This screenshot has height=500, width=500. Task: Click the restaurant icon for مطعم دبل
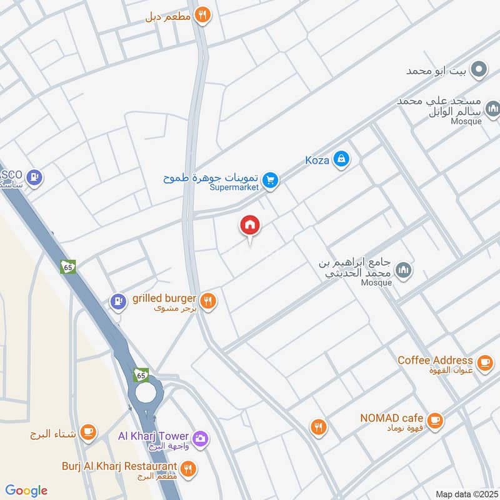(202, 15)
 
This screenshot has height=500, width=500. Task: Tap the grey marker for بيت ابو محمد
(479, 69)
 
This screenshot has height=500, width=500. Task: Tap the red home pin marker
(250, 226)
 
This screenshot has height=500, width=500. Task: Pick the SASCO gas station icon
(35, 177)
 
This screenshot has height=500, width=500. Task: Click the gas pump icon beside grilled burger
(117, 301)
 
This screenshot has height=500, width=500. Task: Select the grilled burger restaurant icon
(209, 301)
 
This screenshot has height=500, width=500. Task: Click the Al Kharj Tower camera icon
(201, 439)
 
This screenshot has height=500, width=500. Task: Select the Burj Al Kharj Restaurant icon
(187, 468)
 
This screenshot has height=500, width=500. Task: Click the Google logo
(26, 491)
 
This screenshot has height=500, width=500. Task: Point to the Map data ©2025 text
(466, 494)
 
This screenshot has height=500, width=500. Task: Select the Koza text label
(317, 160)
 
